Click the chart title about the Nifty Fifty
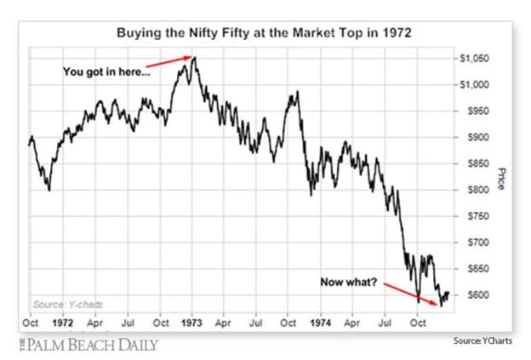264,35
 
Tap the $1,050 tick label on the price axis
474,59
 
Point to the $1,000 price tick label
474,85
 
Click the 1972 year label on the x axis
62,324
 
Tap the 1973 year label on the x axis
191,324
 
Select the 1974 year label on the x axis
320,324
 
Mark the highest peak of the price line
195,57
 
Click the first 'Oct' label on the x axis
31,324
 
